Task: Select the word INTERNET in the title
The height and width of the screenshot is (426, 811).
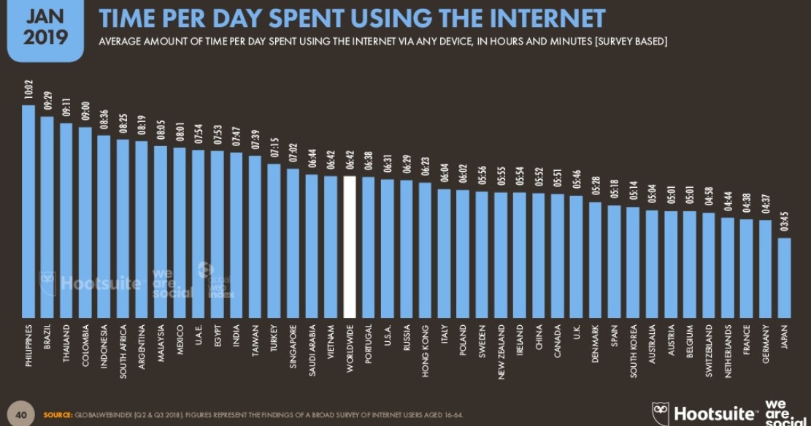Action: (x=537, y=18)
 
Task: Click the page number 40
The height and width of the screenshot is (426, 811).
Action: (x=21, y=415)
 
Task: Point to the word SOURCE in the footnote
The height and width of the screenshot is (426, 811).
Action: (x=57, y=415)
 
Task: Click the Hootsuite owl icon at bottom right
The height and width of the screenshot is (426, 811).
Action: (x=661, y=413)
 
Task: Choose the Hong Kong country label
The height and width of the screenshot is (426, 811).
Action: (x=426, y=347)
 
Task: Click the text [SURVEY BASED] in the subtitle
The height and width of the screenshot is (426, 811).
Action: (x=631, y=41)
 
